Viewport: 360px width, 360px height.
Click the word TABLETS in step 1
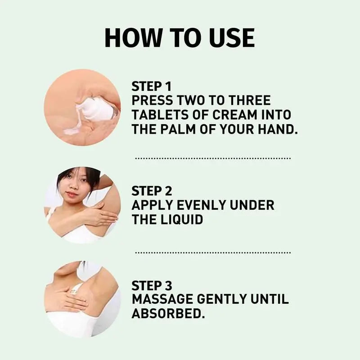[x=156, y=115]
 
